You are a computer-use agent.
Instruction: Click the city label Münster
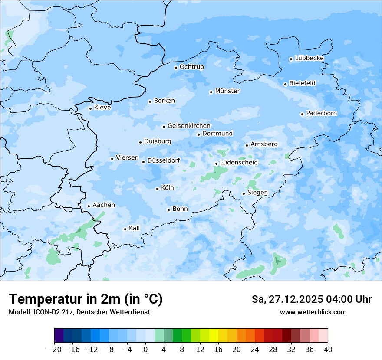[227, 91]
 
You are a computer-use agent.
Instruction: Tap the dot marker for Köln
[157, 189]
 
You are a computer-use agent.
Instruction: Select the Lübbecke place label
[309, 58]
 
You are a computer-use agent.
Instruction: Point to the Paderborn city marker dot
[302, 114]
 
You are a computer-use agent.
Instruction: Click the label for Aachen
[104, 205]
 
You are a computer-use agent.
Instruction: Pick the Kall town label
[135, 228]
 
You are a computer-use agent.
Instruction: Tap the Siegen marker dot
[244, 193]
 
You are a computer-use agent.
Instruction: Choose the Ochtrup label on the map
[192, 67]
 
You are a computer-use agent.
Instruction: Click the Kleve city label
[102, 108]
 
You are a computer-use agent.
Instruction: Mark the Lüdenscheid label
[239, 163]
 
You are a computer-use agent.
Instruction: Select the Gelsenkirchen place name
[189, 126]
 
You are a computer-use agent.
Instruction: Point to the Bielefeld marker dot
[285, 84]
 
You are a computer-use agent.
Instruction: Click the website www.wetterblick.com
[313, 312]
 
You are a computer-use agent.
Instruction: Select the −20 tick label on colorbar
[54, 350]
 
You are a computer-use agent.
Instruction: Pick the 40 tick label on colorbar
[328, 350]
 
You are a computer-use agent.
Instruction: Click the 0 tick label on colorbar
[145, 350]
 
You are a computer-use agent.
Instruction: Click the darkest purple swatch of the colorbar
[59, 336]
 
